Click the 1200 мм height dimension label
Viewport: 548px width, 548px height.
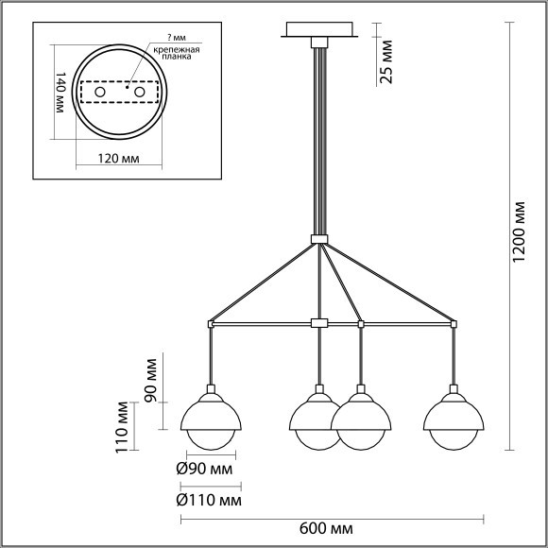pyautogui.click(x=520, y=232)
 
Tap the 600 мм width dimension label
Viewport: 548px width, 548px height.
pyautogui.click(x=326, y=529)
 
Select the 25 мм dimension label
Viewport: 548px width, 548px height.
pyautogui.click(x=386, y=61)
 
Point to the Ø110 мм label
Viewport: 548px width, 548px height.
pyautogui.click(x=209, y=501)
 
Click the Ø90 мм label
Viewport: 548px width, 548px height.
pyautogui.click(x=204, y=469)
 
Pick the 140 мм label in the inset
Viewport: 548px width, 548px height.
pyautogui.click(x=60, y=93)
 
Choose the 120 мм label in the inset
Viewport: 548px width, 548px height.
pyautogui.click(x=118, y=159)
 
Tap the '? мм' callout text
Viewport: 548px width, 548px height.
pyautogui.click(x=177, y=38)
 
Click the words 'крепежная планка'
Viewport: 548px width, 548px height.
pyautogui.click(x=177, y=53)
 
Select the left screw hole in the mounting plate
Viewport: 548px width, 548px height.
pyautogui.click(x=100, y=93)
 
